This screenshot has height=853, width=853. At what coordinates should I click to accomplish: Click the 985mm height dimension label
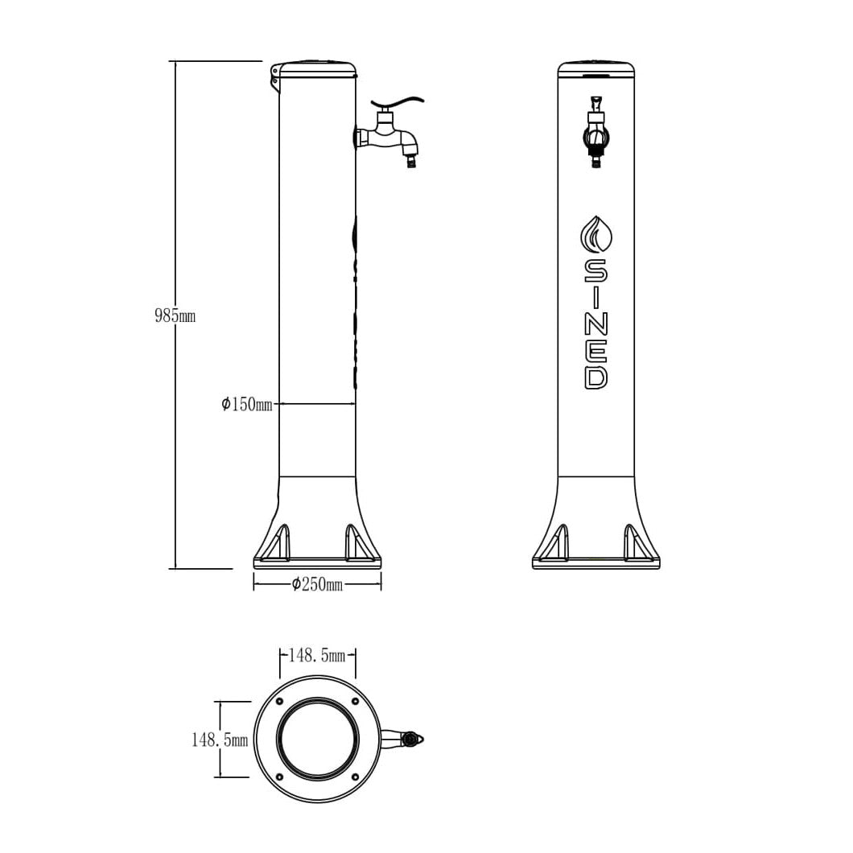[x=175, y=316]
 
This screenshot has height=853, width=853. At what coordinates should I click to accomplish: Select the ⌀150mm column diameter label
[x=247, y=404]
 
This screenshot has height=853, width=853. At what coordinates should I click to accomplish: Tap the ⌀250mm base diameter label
[x=317, y=584]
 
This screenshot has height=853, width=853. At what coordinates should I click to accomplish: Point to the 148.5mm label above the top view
[x=316, y=656]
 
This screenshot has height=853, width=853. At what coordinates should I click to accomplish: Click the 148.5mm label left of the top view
[x=219, y=740]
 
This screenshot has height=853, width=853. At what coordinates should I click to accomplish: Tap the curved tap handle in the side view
[x=398, y=104]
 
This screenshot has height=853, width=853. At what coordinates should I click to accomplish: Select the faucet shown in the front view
[x=595, y=134]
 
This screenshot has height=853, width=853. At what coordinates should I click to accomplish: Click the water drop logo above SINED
[x=595, y=235]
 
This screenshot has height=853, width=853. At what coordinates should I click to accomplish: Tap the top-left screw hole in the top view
[x=280, y=701]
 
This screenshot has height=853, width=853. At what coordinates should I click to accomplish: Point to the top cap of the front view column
[x=595, y=68]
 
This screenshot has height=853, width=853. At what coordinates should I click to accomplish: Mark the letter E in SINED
[x=595, y=349]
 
